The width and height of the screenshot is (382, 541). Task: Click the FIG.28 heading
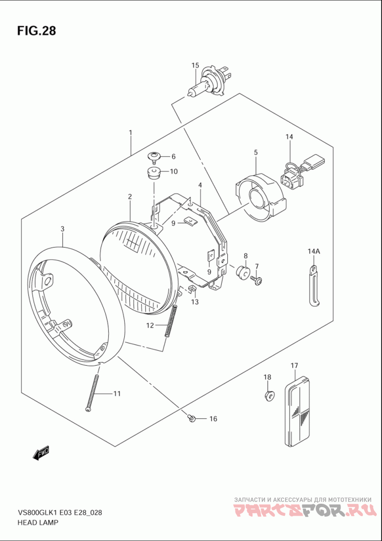[37, 31]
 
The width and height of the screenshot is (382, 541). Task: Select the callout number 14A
[313, 252]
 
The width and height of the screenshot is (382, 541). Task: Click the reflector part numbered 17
[298, 411]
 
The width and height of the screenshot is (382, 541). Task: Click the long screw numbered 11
[93, 392]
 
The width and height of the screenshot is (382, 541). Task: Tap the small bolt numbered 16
[192, 418]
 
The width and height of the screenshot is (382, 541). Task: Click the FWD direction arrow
[41, 453]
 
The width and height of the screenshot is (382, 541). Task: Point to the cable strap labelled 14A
[313, 286]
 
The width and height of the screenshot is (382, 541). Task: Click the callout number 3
[63, 230]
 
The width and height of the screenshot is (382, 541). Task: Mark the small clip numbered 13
[192, 289]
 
